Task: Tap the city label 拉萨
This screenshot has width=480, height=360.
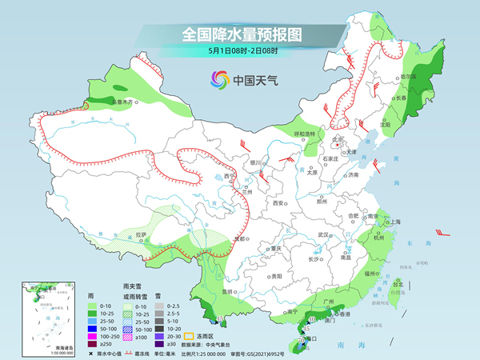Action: [141, 234]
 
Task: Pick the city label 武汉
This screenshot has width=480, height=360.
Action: [324, 234]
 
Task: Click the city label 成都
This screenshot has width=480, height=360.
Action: [239, 238]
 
